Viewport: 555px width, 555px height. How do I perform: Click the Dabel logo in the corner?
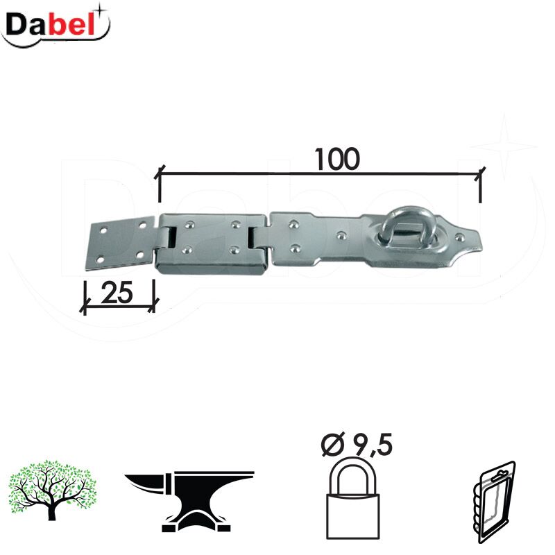pos(55,26)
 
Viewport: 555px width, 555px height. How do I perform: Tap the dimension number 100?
pos(336,159)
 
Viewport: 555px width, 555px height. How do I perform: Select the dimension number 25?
pos(117,293)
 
